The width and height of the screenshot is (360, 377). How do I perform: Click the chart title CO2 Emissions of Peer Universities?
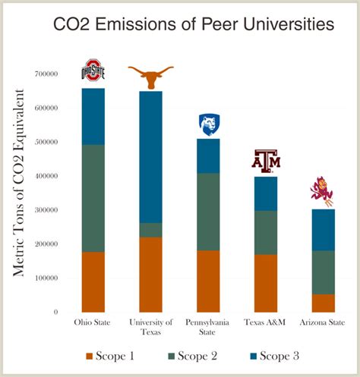pos(193,25)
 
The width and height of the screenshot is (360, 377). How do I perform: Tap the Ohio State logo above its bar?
pos(93,70)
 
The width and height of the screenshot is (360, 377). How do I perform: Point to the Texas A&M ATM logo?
pos(266,161)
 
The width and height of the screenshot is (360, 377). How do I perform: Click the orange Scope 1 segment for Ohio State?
pos(93,281)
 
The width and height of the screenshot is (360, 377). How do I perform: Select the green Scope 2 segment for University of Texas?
pos(150,230)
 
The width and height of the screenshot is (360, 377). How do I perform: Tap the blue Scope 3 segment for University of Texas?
pos(150,156)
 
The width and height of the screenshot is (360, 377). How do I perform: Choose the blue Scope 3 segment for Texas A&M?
pos(266,193)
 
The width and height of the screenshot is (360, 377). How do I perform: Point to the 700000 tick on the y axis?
pos(45,74)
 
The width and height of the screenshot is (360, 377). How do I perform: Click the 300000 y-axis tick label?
pos(45,210)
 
